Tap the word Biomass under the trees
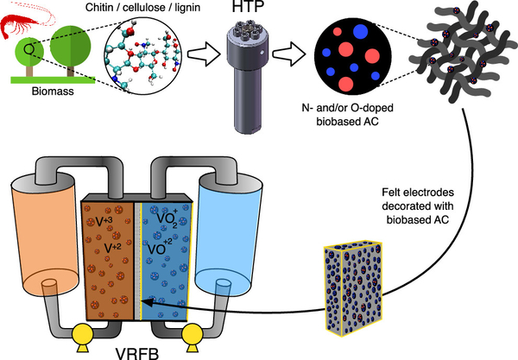click(53, 92)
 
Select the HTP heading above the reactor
click(248, 7)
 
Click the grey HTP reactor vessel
click(248, 76)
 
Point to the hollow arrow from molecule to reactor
click(204, 54)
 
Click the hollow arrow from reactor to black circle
click(289, 54)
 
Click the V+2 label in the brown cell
click(112, 248)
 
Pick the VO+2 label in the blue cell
click(160, 248)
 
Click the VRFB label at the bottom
click(137, 353)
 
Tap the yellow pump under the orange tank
click(83, 337)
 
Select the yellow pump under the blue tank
click(192, 337)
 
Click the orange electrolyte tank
click(45, 237)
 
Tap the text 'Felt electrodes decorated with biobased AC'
click(418, 205)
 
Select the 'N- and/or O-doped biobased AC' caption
click(347, 115)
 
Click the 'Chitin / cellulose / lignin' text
click(142, 7)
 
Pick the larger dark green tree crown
click(71, 46)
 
